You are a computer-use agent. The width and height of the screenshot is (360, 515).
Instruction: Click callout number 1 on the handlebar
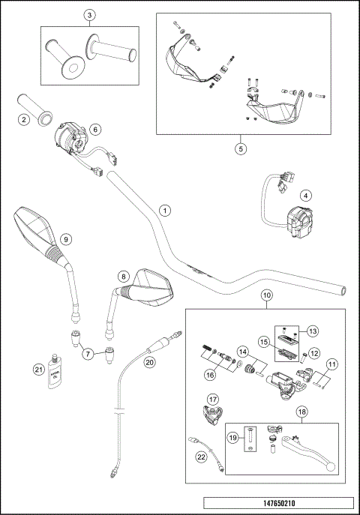pos(165,211)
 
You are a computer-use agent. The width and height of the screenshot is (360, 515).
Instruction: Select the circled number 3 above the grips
pos(90,16)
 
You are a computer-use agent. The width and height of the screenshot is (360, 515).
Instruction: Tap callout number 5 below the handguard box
pos(241,148)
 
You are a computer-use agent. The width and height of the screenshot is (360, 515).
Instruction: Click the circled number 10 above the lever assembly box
pos(266,296)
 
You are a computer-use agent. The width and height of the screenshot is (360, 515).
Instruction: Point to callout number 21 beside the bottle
pos(38,368)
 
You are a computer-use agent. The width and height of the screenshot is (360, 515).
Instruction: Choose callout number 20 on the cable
pos(149,361)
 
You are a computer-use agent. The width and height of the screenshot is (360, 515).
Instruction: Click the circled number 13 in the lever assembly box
pos(313,331)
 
